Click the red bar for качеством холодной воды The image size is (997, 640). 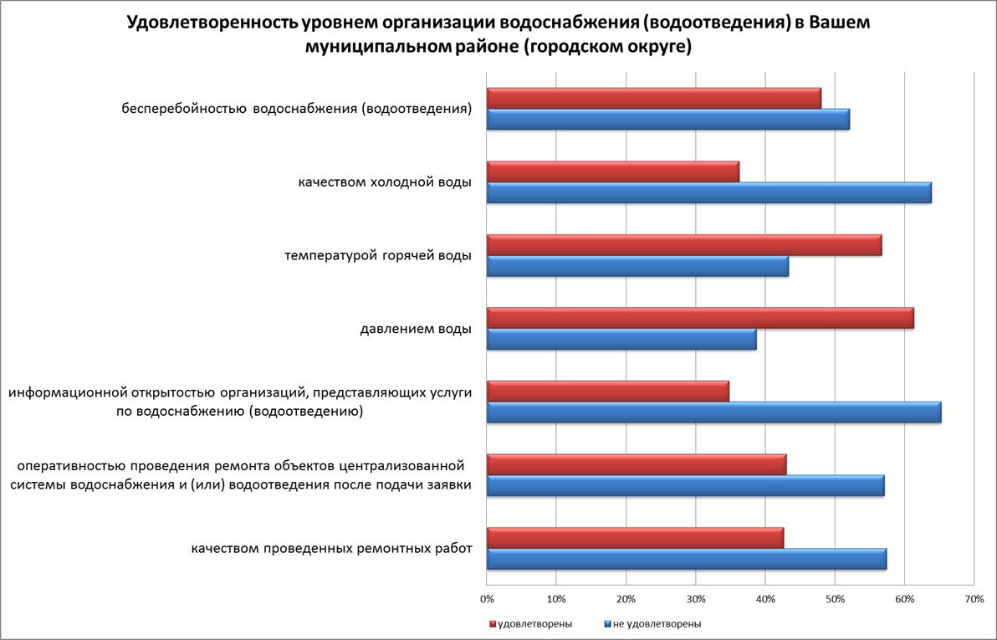pos(612,172)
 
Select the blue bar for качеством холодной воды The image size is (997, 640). pos(708,192)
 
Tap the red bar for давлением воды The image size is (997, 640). pos(700,318)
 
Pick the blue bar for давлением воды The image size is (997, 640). pos(621,339)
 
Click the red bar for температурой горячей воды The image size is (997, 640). pos(684,245)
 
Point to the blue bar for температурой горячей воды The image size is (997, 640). pos(637,266)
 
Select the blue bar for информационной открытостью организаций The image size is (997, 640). pos(713,412)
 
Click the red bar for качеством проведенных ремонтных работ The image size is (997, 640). pos(635,538)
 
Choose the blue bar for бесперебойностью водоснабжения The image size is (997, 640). pos(667,120)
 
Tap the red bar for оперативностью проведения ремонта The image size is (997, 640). pos(637,464)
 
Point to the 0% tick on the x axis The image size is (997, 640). pos(487,599)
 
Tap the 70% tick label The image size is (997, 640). pos(974,599)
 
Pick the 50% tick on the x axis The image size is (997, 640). pos(835,599)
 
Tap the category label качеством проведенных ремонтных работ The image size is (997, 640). pos(331,549)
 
